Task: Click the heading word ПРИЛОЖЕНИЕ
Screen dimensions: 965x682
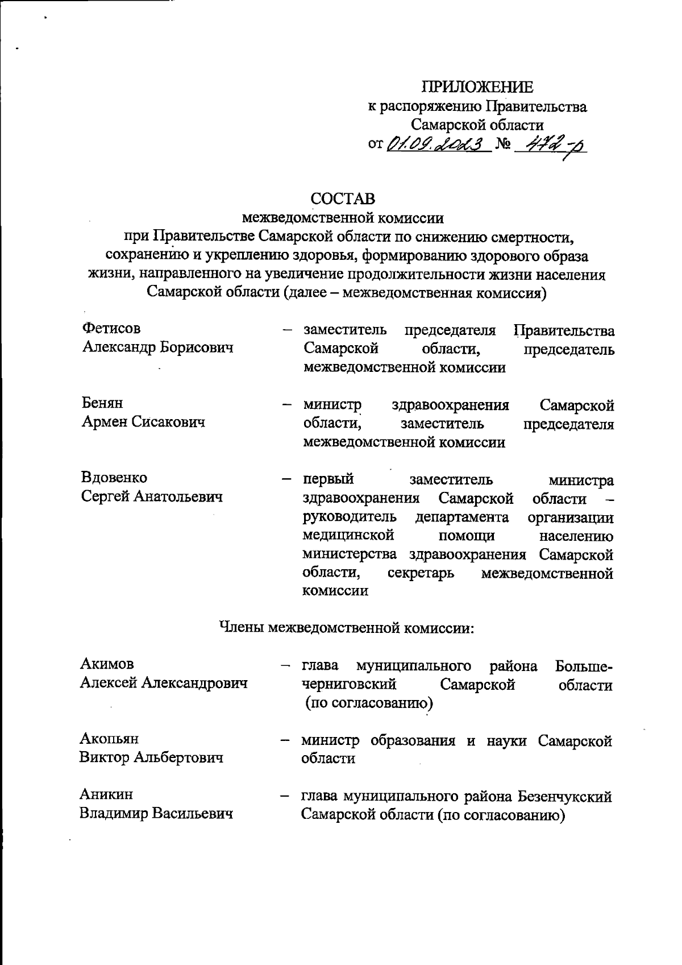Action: tap(477, 87)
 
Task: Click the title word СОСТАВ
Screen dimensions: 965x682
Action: tap(343, 198)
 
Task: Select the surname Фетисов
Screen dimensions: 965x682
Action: tap(111, 328)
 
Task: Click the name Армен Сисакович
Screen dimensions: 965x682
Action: tap(143, 421)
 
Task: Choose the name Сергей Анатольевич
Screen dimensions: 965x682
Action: tap(152, 496)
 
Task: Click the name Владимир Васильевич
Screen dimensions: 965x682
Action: tap(156, 814)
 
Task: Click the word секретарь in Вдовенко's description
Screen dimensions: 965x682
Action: tap(421, 573)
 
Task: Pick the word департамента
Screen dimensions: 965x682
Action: tap(462, 517)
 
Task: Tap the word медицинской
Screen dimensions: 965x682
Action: tap(348, 536)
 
